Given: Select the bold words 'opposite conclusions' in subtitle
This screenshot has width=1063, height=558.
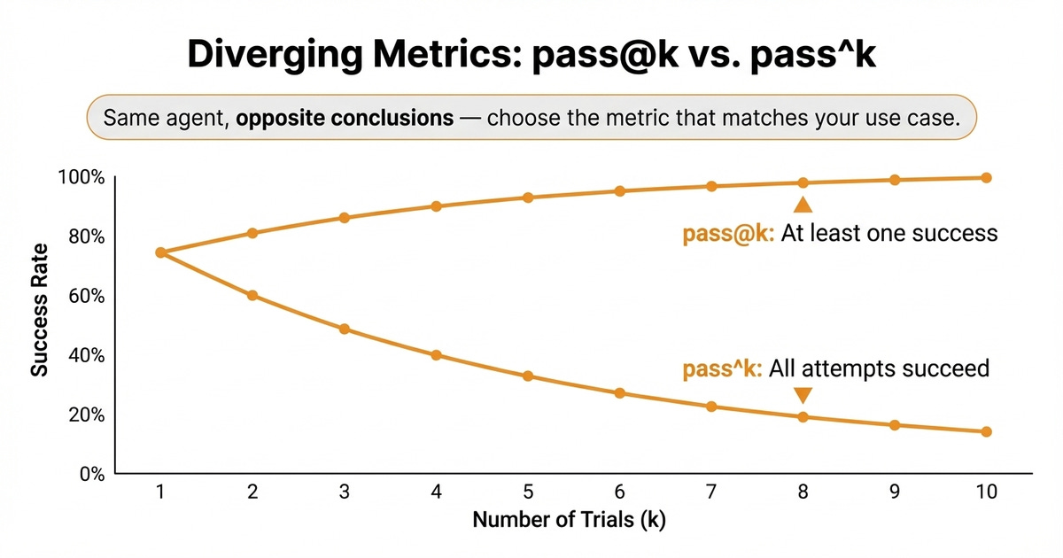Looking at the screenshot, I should point(344,118).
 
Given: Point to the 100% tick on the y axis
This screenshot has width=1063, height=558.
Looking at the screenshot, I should point(81,178).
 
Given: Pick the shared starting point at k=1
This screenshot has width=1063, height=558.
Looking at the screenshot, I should point(160,252).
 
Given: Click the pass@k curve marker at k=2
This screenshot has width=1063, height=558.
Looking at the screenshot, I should point(252,233).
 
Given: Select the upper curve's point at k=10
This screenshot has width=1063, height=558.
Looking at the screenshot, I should point(986,178).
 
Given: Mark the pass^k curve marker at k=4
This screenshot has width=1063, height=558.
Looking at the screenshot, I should point(436,355).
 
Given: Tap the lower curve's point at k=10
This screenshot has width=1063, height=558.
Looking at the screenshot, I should point(986,432).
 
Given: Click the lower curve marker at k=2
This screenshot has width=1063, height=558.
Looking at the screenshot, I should point(252,295).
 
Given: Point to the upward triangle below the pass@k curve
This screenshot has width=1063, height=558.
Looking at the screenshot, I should point(803,205).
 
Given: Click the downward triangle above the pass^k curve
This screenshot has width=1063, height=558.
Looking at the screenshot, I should point(803,395).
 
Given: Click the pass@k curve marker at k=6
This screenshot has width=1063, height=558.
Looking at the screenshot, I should point(620,191).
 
